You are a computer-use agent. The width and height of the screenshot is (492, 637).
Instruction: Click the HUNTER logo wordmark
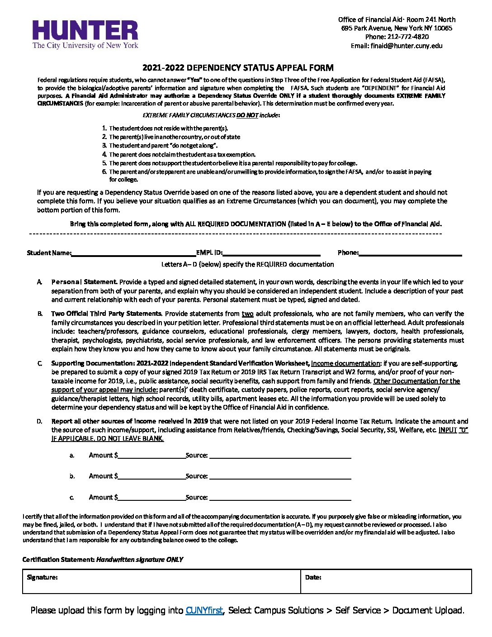(x=85, y=31)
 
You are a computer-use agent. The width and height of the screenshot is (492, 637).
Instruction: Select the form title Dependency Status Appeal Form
(x=238, y=68)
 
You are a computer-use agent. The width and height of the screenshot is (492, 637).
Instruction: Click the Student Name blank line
(x=133, y=252)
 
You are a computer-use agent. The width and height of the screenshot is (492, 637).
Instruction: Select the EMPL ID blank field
(x=271, y=252)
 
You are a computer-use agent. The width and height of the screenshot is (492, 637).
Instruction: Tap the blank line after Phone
(x=410, y=252)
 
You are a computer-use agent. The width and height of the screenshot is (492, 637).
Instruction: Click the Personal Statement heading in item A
(x=84, y=282)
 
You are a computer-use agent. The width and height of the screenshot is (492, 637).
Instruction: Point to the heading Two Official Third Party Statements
(x=106, y=314)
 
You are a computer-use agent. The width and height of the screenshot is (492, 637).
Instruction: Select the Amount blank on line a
(x=151, y=455)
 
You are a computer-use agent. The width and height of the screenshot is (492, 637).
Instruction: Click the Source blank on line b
(x=280, y=476)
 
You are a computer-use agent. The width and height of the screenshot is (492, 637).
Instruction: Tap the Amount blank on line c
(x=151, y=497)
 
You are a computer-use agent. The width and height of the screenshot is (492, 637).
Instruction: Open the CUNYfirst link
(x=204, y=610)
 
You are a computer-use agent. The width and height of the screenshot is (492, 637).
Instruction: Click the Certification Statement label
(x=59, y=560)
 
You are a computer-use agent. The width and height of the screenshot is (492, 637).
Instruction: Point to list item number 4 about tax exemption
(x=182, y=154)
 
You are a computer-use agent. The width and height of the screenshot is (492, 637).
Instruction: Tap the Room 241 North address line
(x=397, y=19)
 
